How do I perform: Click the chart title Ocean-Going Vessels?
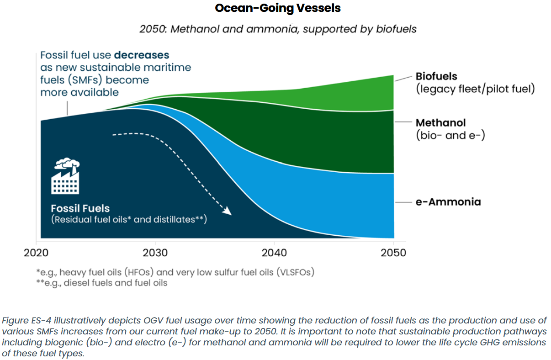(278, 8)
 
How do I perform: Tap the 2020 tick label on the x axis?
(37, 253)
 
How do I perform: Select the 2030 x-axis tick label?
(155, 253)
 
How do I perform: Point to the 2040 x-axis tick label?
(274, 253)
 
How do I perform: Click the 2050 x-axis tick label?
(393, 253)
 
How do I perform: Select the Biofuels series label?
(436, 76)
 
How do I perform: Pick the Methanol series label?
(440, 123)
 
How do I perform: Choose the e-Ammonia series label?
(448, 201)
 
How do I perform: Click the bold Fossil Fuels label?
(80, 209)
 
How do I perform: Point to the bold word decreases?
(142, 55)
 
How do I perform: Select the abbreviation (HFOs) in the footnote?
(136, 272)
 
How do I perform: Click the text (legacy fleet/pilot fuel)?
(475, 89)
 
